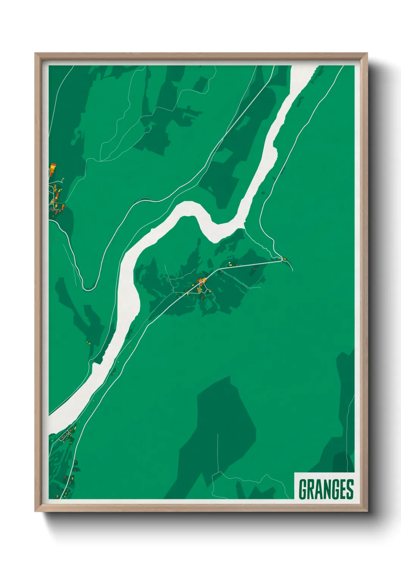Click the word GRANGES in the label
[326, 489]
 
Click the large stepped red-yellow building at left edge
[52, 170]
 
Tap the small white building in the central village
[230, 262]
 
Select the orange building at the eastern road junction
[284, 259]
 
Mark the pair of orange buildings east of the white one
[255, 268]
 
